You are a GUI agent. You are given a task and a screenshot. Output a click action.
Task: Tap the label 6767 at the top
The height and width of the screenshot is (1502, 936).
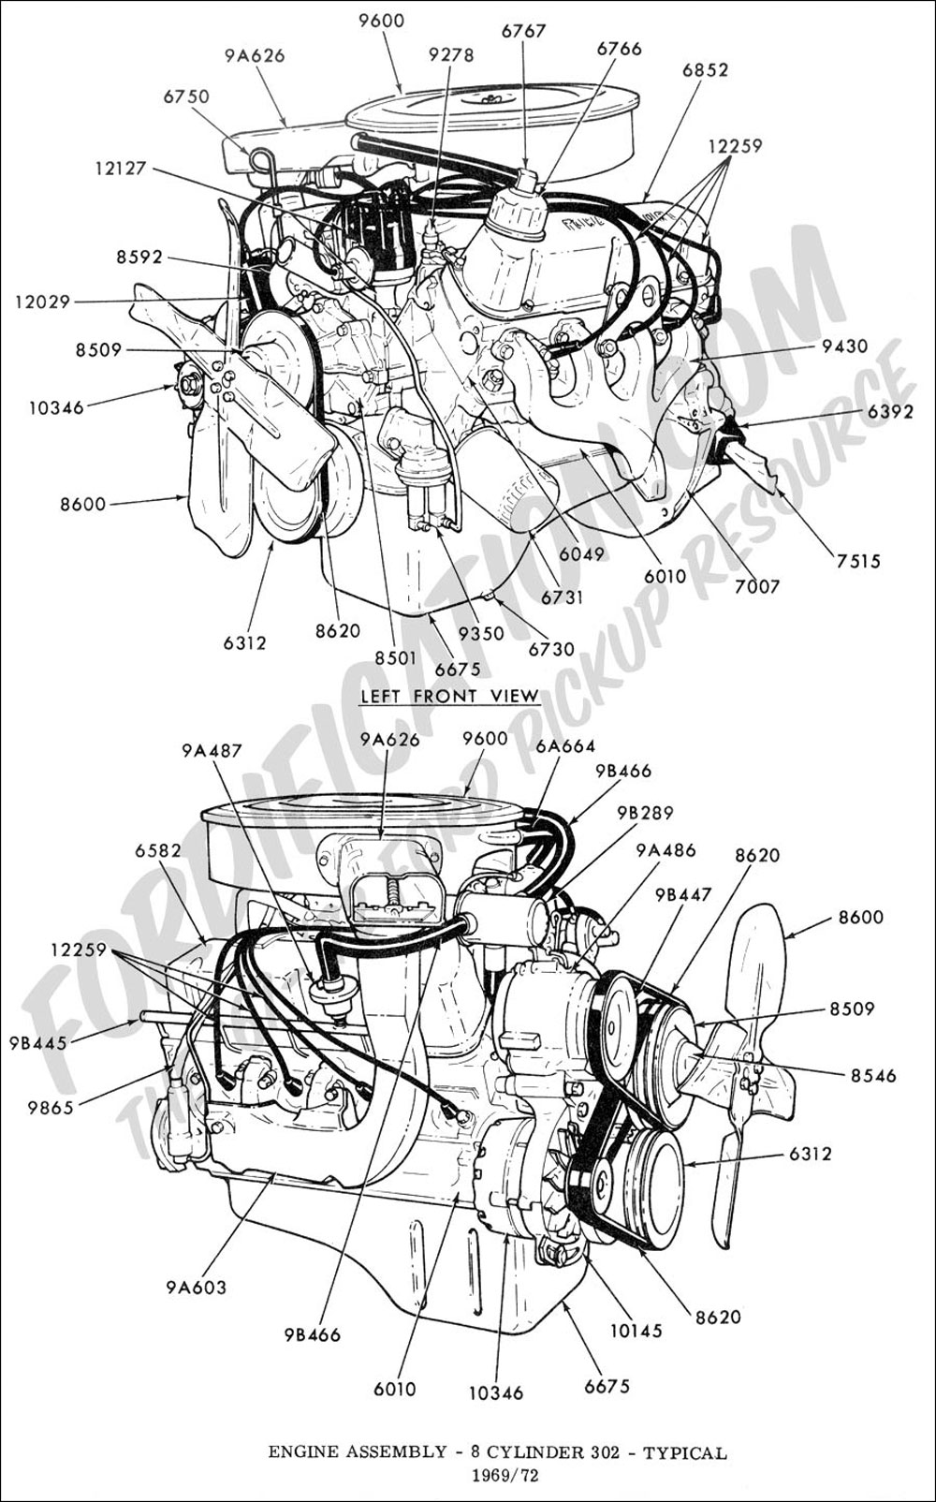(522, 30)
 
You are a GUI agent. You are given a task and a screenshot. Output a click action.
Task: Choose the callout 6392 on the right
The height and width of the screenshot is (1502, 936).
(891, 410)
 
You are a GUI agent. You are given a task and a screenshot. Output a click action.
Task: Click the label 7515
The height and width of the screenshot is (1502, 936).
(853, 561)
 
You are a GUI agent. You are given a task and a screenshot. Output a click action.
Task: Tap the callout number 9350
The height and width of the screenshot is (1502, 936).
(480, 633)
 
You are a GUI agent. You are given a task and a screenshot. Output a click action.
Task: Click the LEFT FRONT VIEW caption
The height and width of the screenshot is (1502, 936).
(449, 696)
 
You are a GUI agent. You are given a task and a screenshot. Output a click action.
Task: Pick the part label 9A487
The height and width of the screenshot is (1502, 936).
(212, 749)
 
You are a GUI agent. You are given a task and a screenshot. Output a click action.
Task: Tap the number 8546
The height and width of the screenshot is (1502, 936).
(872, 1076)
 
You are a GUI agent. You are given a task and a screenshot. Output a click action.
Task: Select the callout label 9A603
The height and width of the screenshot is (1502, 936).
(196, 1287)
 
